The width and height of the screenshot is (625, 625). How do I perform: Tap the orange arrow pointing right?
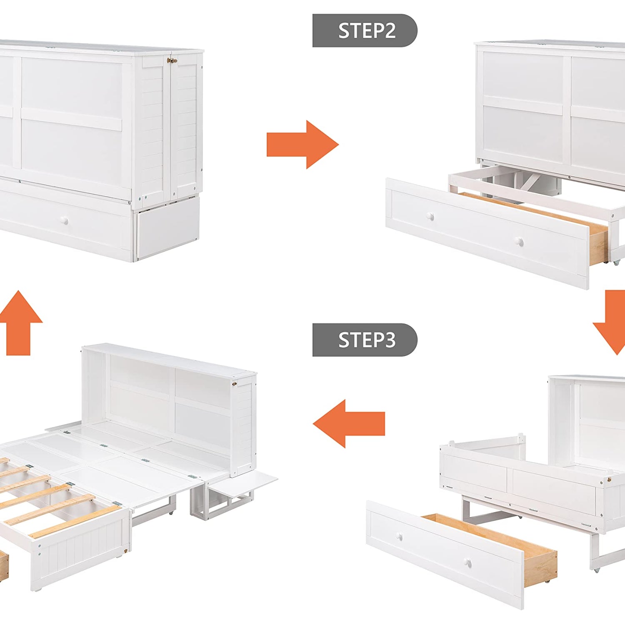302,145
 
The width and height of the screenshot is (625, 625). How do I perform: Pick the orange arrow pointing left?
349,424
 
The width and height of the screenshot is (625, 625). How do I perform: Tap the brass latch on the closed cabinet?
172,61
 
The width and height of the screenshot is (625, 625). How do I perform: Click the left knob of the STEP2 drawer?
430,216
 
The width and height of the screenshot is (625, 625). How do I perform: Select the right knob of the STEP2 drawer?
519,241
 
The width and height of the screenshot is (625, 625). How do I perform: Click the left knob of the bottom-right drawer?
399,536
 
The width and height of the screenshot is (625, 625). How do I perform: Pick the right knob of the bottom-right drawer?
468,563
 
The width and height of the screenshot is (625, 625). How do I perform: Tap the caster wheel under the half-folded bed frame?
597,569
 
